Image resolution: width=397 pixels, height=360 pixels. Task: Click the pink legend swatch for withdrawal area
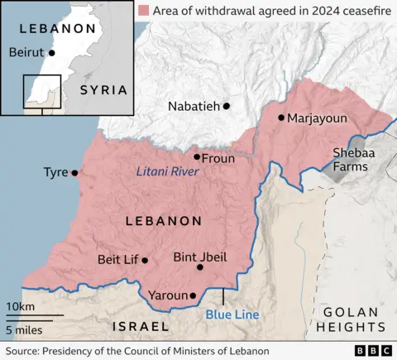click(x=146, y=11)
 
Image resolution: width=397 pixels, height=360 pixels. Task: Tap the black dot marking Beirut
click(x=52, y=52)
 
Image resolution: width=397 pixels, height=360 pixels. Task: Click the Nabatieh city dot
click(x=226, y=106)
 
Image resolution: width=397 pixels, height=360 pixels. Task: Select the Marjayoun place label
click(x=317, y=118)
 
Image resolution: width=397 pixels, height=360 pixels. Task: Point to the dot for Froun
click(x=197, y=156)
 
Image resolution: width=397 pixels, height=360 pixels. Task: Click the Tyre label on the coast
click(x=56, y=173)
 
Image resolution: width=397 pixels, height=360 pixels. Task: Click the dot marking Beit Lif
click(x=145, y=260)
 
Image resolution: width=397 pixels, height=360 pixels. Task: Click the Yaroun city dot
click(x=193, y=295)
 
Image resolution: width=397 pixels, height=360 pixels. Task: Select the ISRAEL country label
click(x=141, y=326)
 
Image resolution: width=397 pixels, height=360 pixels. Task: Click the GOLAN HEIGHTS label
click(x=350, y=319)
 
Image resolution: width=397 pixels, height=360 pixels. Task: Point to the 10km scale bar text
click(x=21, y=307)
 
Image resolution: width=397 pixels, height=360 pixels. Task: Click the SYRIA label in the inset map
click(x=103, y=89)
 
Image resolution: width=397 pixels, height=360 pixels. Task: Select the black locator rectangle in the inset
click(x=41, y=90)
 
